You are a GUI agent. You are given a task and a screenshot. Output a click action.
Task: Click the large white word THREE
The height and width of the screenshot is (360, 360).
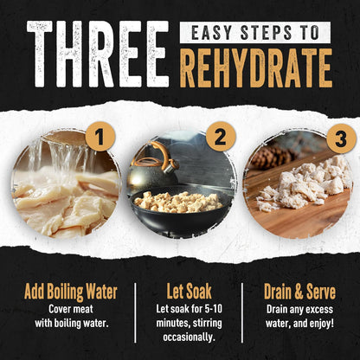[x=98, y=54]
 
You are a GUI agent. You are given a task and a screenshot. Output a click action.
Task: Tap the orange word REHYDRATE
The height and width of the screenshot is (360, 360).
[x=255, y=68]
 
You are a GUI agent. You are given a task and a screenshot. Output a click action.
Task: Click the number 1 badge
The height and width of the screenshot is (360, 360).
[x=100, y=137]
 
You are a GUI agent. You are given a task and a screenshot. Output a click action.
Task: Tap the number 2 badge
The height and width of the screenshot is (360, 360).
[x=221, y=137]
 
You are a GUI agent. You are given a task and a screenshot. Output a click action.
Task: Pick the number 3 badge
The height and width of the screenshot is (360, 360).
[x=341, y=138]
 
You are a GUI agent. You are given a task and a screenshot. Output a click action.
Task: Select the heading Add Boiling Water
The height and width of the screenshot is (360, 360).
[x=71, y=292]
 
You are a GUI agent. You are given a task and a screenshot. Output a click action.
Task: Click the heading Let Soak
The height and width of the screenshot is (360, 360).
[x=189, y=291]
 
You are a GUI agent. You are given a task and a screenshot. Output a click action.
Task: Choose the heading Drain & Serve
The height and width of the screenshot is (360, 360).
[x=299, y=292]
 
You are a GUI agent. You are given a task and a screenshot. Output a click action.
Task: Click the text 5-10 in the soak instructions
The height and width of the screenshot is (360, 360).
[x=214, y=309]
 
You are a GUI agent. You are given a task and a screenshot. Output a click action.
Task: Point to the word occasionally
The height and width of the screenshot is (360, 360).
[x=189, y=337]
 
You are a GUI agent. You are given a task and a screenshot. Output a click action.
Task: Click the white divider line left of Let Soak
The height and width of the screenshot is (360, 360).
[x=135, y=312]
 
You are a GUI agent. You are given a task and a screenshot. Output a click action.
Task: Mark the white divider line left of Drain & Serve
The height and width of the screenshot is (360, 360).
[x=241, y=312]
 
